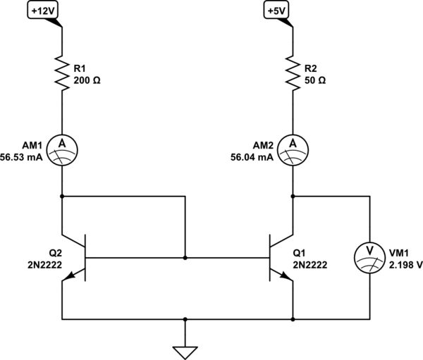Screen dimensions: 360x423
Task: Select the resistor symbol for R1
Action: [62, 73]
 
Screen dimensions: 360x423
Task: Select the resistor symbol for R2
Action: [293, 73]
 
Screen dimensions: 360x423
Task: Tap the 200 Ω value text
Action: [87, 80]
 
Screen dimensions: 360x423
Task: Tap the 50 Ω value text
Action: [314, 80]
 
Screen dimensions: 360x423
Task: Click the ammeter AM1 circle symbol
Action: [62, 148]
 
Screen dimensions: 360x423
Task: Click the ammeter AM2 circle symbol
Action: [293, 148]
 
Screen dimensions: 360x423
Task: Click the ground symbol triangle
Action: [185, 350]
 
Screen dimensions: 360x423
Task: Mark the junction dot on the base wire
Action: [185, 258]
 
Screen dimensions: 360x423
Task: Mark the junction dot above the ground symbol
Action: [185, 319]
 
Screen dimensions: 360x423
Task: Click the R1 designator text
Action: [80, 68]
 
